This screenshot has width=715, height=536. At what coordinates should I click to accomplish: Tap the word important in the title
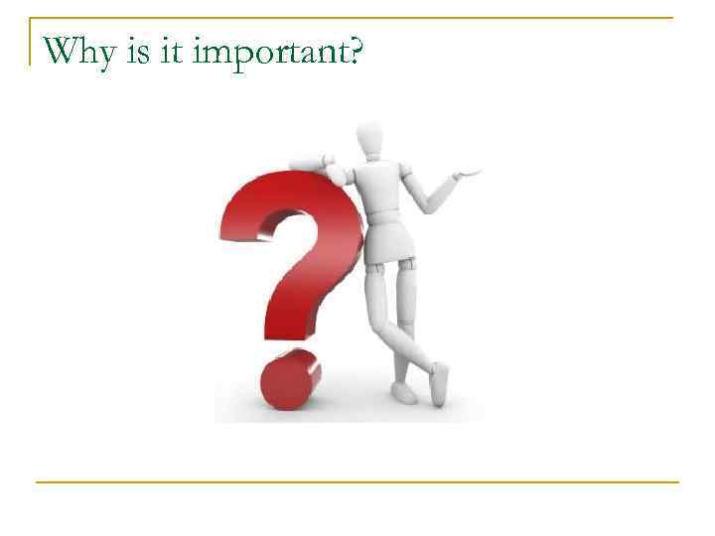pos(260,52)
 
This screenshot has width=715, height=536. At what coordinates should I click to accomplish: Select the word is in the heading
pos(138,50)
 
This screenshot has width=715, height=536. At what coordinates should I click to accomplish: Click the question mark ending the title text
pos(352,50)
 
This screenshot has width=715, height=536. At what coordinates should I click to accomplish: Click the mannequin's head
pos(369,139)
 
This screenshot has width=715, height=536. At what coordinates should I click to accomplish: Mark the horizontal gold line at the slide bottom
pos(357,482)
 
